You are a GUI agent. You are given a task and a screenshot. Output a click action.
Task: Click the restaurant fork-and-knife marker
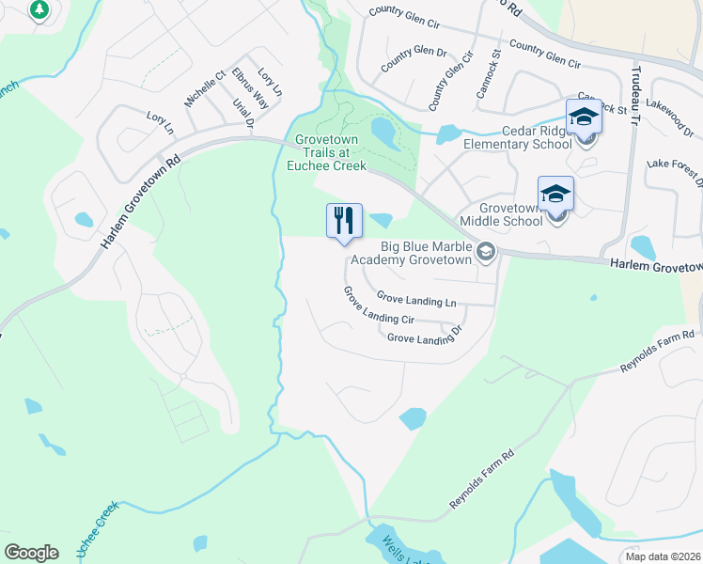344,221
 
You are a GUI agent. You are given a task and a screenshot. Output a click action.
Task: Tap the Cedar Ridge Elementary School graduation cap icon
584,117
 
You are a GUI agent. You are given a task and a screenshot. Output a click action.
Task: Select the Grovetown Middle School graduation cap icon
555,194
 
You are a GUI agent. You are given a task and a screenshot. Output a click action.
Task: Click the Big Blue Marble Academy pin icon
486,251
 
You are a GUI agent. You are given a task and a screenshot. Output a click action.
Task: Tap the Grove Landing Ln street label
416,301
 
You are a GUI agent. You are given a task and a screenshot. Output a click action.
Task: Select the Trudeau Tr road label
634,89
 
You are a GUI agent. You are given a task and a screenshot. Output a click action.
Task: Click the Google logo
31,553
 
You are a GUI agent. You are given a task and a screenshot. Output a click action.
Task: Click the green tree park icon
39,9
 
